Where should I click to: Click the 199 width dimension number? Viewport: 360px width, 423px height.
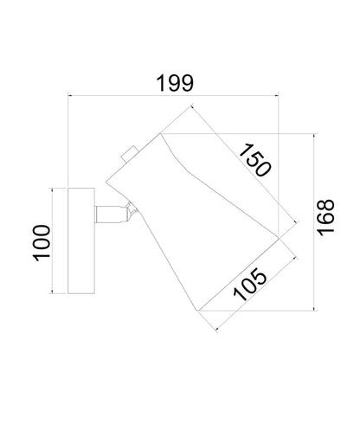tap(175, 83)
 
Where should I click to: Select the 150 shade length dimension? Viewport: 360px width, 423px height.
tap(255, 160)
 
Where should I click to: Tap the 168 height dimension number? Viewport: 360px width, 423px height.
tap(325, 217)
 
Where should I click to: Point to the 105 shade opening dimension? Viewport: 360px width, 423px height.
tap(250, 285)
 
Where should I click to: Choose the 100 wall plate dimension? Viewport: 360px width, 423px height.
tap(42, 243)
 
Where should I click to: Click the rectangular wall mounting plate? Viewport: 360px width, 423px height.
tap(81, 240)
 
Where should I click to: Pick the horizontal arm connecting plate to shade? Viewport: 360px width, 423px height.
tap(111, 215)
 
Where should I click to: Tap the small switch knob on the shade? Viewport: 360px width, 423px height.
tap(130, 154)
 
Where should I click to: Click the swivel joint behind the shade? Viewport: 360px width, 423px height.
tap(132, 211)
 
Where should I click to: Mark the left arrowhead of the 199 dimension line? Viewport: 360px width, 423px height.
tap(69, 95)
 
